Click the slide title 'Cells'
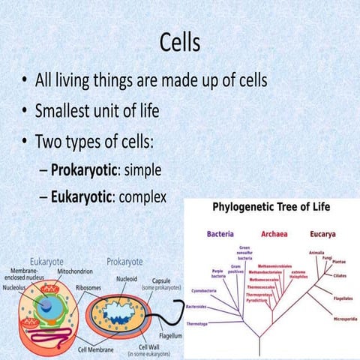coord(180,43)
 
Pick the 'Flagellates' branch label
coord(341,296)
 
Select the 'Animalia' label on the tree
coord(317,252)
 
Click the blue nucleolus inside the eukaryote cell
coord(46,305)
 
